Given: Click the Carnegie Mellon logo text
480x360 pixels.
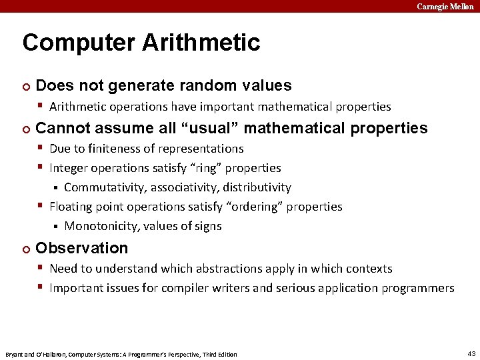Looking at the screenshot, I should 445,6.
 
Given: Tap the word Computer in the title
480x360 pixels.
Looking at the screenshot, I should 73,43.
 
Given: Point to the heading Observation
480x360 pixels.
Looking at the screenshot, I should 81,248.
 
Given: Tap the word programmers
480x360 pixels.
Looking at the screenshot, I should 417,288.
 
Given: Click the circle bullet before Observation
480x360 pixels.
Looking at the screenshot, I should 25,249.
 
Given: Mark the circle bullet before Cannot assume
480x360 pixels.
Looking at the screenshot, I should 25,129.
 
